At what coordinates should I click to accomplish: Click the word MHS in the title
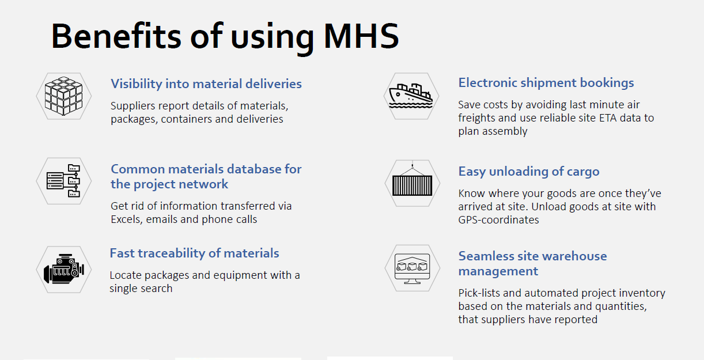(361, 36)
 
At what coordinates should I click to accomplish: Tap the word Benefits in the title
(116, 36)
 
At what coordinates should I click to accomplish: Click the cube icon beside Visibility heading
(63, 96)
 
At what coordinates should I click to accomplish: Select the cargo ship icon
(411, 96)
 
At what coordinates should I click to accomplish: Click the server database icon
(63, 181)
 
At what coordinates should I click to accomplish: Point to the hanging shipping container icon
(412, 181)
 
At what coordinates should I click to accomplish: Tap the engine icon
(64, 269)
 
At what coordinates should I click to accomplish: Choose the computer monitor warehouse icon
(412, 268)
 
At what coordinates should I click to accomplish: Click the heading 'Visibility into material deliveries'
(206, 84)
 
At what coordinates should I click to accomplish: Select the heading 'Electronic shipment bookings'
(546, 82)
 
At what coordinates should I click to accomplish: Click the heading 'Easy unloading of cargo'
(529, 172)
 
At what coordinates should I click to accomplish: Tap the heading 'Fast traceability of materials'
(194, 253)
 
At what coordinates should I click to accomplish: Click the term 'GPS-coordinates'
(498, 220)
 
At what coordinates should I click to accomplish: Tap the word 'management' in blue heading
(498, 271)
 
